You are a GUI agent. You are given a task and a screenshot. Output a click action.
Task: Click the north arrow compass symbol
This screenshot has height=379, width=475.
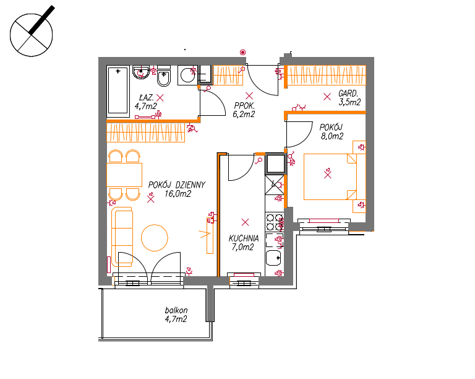(31, 35)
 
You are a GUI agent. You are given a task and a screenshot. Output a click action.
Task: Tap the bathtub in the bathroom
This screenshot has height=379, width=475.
(118, 91)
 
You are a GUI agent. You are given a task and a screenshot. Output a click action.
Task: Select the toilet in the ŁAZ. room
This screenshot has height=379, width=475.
(164, 76)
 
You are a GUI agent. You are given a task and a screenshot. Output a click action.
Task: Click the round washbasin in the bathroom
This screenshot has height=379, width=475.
(141, 72)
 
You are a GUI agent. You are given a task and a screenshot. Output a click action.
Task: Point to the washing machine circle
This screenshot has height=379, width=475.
(187, 75)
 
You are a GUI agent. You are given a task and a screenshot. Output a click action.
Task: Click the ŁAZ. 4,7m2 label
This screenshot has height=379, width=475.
(146, 102)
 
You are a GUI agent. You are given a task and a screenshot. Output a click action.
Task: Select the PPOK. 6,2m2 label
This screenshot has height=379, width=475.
(244, 110)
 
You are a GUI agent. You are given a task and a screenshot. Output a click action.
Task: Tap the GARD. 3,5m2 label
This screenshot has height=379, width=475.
(349, 98)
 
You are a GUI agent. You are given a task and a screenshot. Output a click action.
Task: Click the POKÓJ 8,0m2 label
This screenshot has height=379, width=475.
(332, 131)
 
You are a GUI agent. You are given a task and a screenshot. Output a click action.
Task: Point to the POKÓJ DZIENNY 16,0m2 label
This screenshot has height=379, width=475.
(178, 189)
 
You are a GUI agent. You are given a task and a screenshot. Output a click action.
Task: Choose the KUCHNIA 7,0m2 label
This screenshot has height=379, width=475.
(244, 243)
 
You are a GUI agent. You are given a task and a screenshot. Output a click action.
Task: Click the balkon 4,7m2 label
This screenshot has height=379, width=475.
(176, 315)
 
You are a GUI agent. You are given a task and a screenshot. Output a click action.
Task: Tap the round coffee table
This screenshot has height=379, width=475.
(155, 238)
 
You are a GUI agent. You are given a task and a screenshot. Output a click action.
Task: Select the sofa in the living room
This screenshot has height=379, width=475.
(122, 237)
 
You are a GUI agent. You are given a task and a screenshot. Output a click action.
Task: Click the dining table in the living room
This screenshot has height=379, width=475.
(124, 175)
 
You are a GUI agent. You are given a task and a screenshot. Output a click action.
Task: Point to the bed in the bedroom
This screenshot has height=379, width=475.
(330, 176)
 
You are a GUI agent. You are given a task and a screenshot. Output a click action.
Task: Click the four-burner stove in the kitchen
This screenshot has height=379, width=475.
(275, 222)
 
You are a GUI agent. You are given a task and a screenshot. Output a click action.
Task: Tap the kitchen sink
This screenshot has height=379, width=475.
(273, 258)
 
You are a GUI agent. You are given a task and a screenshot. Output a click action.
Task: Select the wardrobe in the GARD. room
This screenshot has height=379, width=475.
(327, 75)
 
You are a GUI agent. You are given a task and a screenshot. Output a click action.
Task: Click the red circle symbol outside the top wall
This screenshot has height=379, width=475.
(242, 53)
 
